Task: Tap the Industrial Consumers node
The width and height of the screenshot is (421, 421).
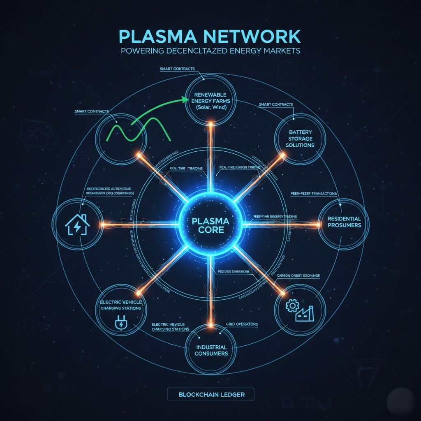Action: [x=210, y=349]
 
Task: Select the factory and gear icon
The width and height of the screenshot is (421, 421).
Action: [x=299, y=310]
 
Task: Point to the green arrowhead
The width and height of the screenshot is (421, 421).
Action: [x=182, y=99]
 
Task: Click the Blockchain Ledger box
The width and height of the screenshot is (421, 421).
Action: [x=211, y=394]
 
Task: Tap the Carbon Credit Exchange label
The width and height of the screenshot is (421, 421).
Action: [x=296, y=275]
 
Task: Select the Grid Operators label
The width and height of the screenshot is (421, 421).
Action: [x=242, y=324]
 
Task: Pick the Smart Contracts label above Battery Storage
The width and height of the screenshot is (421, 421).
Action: [x=275, y=104]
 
